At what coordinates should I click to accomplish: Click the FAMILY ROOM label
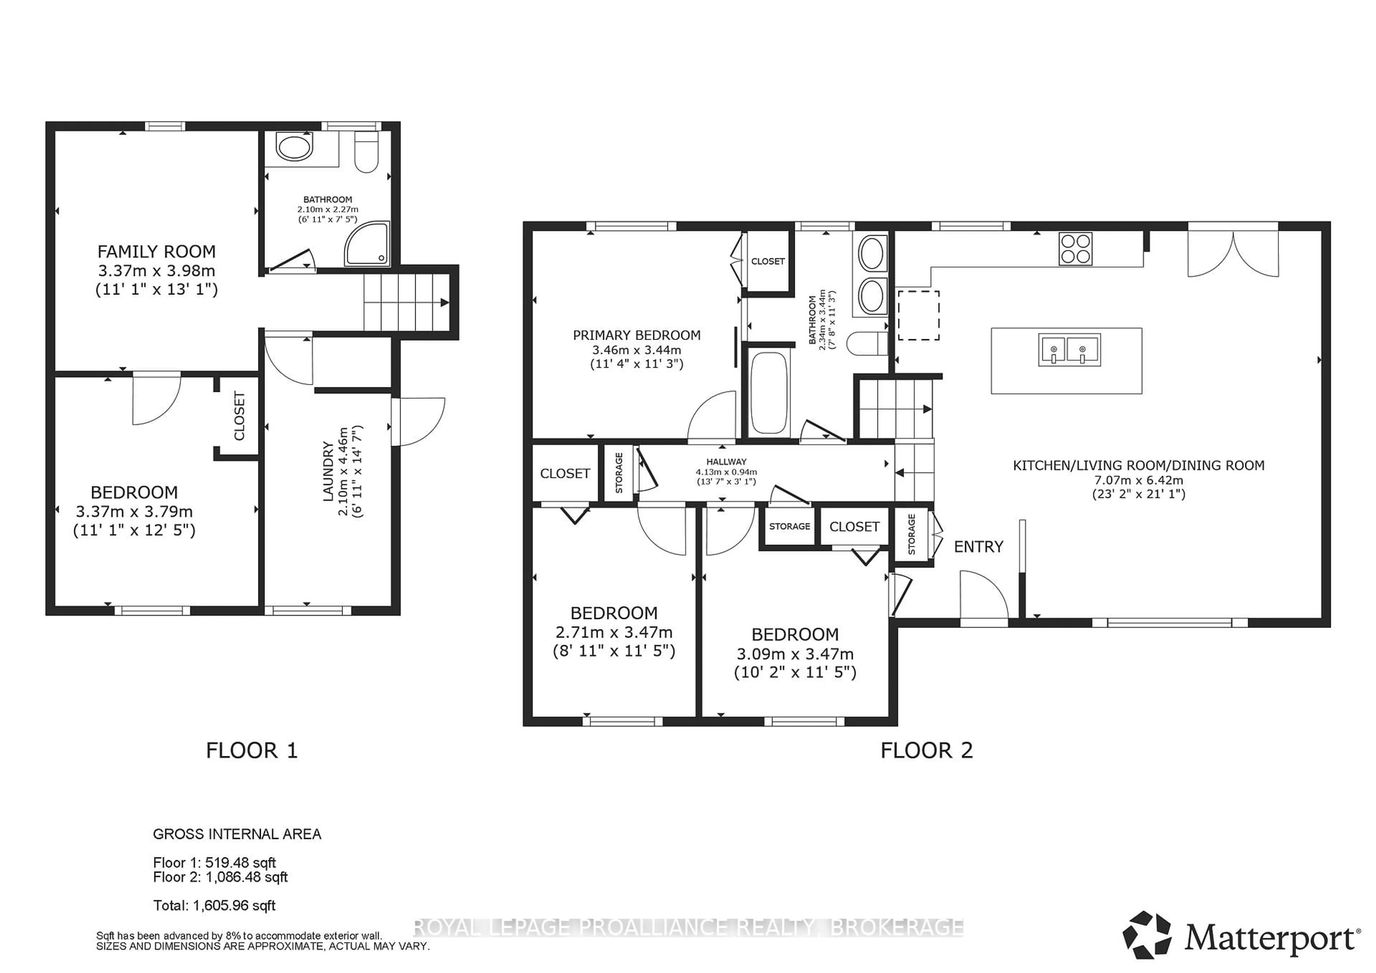coord(157,251)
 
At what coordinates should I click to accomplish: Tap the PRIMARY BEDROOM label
coord(636,336)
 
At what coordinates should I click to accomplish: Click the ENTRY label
coord(978,546)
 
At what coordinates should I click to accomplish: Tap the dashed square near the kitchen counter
coord(918,315)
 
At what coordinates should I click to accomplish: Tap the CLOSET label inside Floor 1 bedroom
coord(239,416)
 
